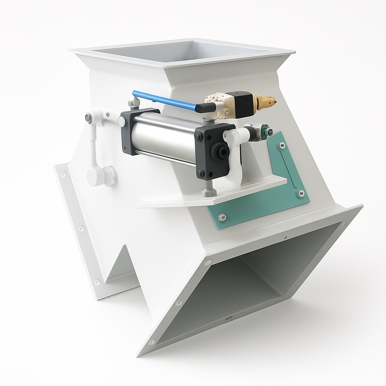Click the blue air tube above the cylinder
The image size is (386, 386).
coord(166,100)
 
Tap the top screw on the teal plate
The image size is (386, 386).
coord(282,145)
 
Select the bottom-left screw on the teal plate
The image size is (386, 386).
coord(222,217)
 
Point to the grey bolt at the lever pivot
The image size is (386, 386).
coord(88,118)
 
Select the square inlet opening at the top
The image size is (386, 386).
coord(181,51)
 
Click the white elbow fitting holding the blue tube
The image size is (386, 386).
coord(134,103)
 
